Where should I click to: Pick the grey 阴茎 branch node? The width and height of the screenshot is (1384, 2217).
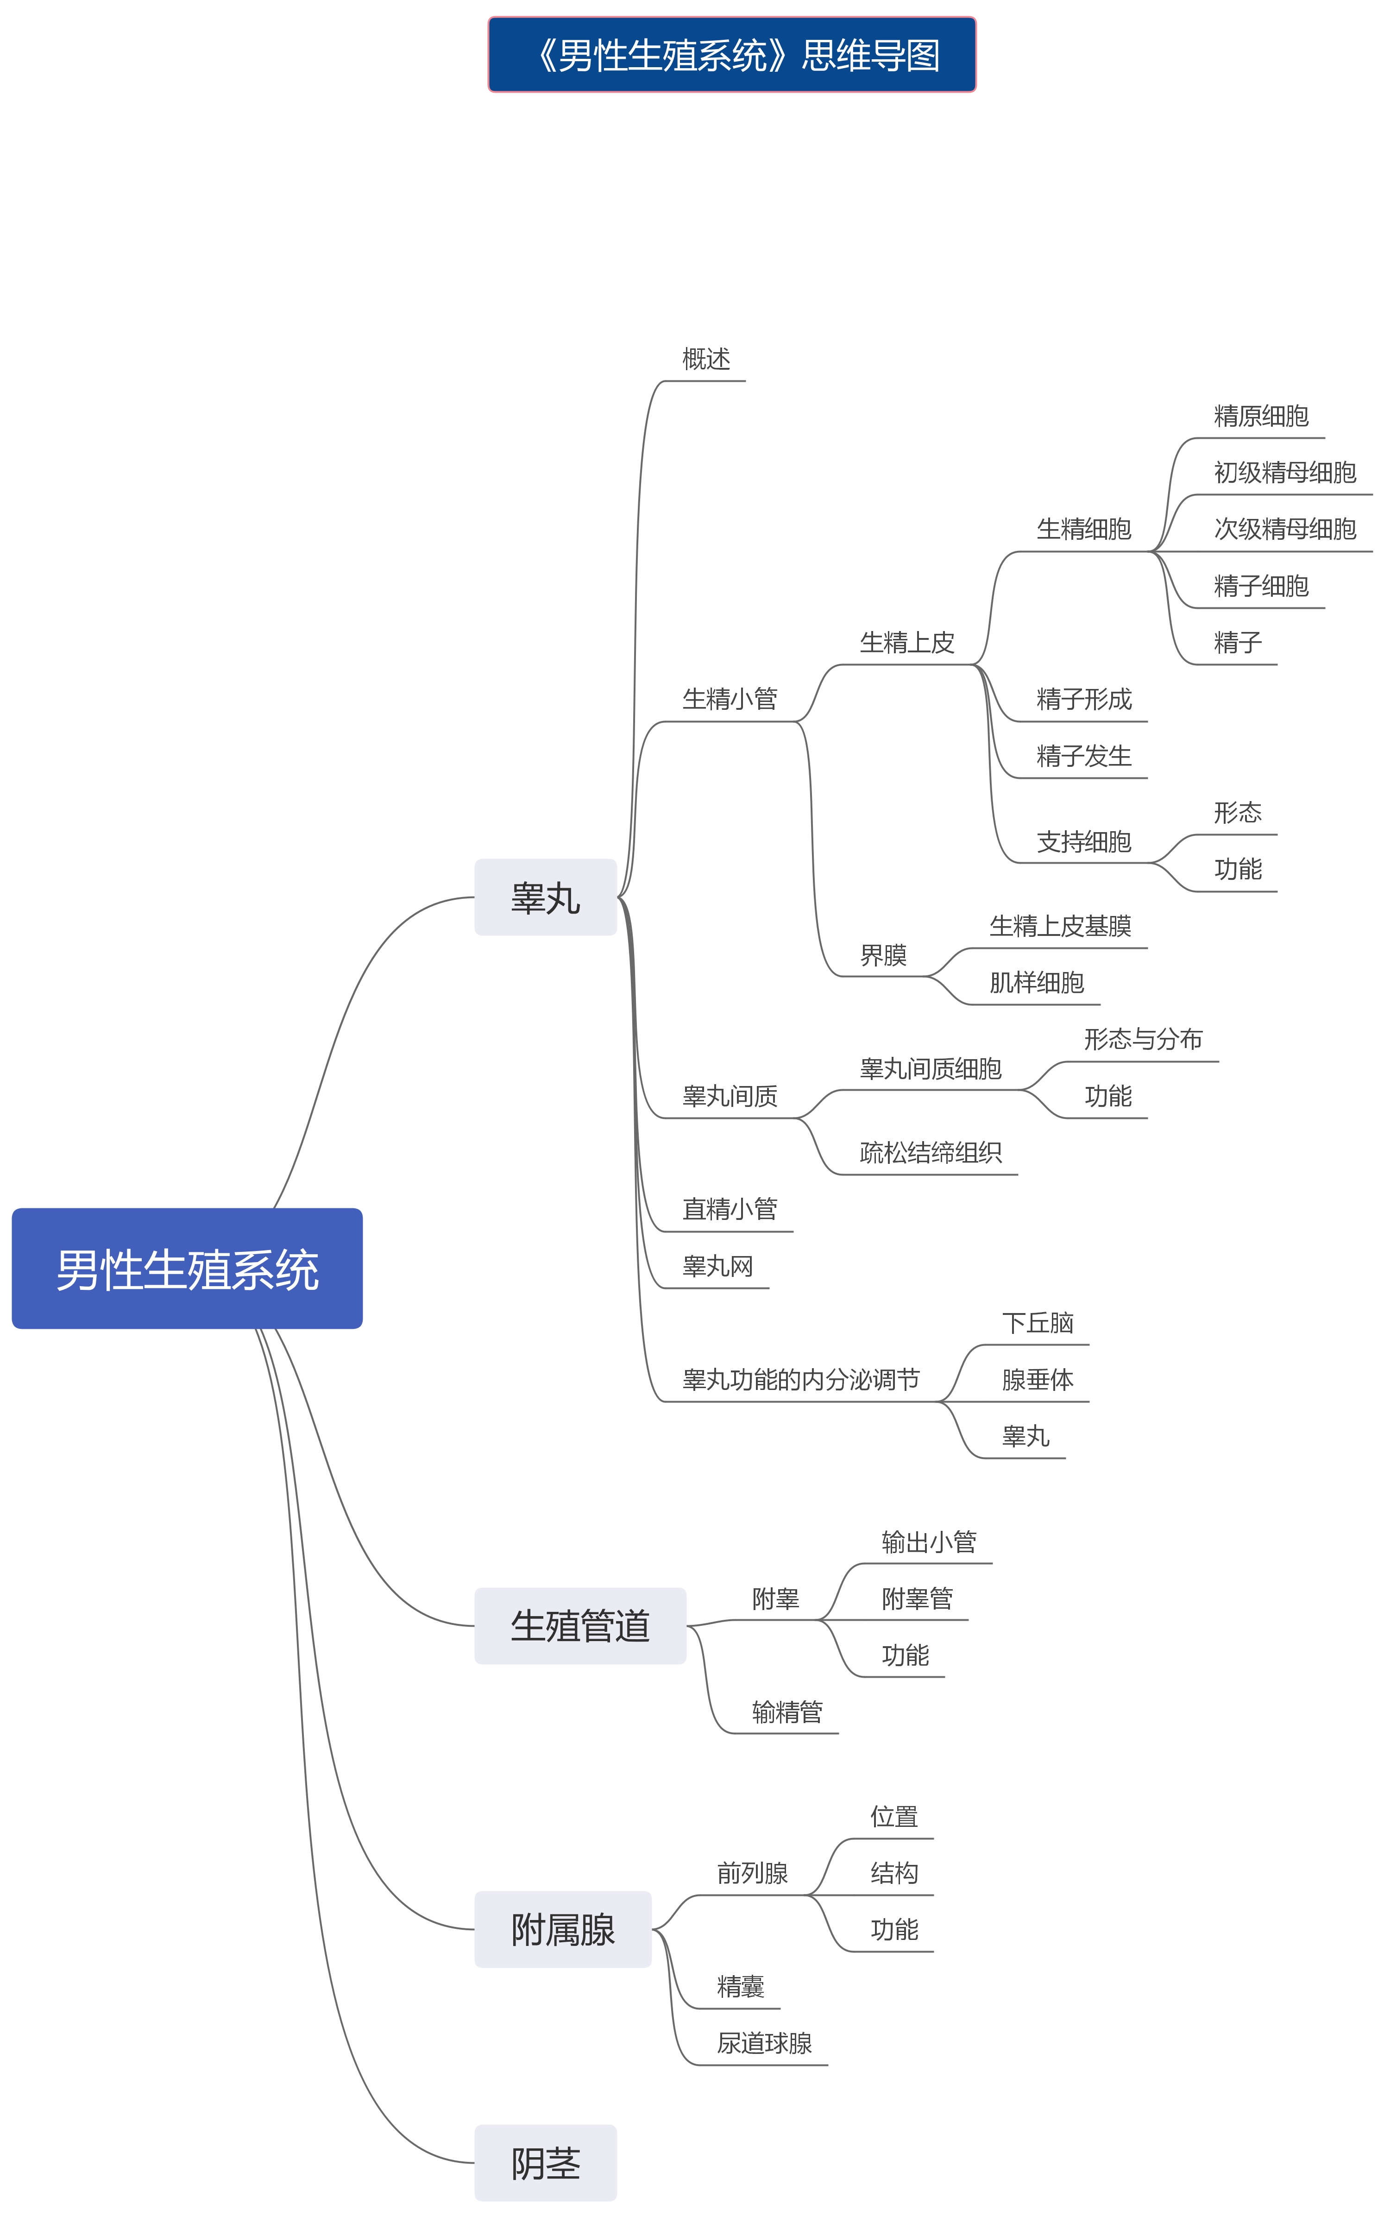point(546,2164)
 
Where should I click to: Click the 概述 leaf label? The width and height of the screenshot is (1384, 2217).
point(706,360)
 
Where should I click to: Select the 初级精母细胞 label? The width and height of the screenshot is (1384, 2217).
point(1284,473)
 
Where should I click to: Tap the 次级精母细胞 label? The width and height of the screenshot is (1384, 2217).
point(1284,530)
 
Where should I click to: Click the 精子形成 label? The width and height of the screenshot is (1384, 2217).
point(1084,700)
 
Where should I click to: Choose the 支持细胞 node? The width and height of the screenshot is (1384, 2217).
point(1084,842)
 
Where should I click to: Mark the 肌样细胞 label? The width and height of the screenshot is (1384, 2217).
point(1036,983)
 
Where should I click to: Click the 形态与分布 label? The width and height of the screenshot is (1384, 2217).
point(1143,1040)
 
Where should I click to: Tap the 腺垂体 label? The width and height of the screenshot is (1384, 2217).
point(1037,1380)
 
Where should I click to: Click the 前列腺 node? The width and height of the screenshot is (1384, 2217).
point(752,1874)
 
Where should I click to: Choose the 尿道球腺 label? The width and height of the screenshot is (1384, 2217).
point(764,2044)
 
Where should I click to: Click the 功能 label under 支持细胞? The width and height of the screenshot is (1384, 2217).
point(1238,870)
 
